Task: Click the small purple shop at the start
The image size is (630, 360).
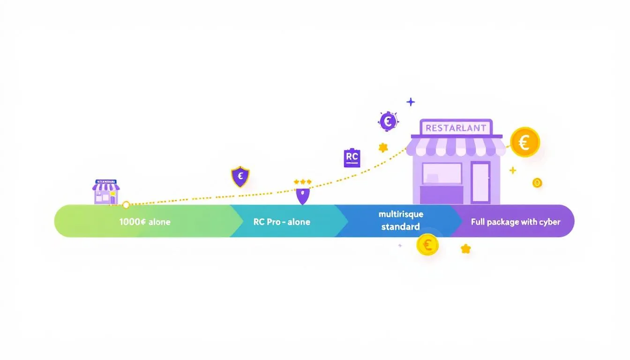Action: point(106,192)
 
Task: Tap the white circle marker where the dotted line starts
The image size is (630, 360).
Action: point(126,205)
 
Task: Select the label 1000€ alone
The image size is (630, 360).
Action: point(145,222)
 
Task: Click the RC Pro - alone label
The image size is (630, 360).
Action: point(282,222)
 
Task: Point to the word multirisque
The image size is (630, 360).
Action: point(401,214)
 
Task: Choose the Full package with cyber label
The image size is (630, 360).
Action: point(516,222)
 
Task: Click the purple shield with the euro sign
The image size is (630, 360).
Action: point(240,177)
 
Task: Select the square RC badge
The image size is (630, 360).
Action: point(352,158)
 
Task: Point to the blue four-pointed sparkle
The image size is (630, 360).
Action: point(411,102)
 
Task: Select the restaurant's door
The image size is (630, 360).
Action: point(480,183)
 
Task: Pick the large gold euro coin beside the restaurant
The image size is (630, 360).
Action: point(525,142)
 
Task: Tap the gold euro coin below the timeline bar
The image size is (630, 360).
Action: point(427,245)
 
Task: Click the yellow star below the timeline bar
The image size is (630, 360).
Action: point(465,248)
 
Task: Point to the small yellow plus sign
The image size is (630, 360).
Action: point(513,170)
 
